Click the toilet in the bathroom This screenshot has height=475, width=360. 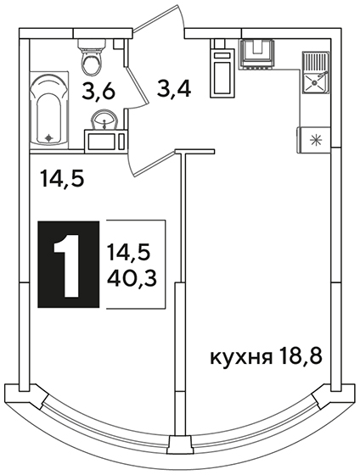tap(92, 57)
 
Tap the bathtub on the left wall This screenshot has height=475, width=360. tap(49, 110)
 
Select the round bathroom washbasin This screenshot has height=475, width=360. tap(105, 120)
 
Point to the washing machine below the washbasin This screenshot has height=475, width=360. tap(105, 141)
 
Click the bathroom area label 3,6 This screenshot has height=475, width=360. tap(98, 92)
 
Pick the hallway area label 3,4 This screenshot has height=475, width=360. tap(173, 88)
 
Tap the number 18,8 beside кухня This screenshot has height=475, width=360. tap(300, 356)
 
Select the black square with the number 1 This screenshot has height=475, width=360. tap(69, 265)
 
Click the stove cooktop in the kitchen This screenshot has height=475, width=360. tap(258, 53)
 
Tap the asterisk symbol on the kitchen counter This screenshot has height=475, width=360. tap(315, 140)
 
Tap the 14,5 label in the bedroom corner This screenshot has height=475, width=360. tap(62, 179)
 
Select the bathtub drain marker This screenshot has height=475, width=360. tap(49, 138)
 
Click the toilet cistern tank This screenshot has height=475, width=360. tap(92, 44)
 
